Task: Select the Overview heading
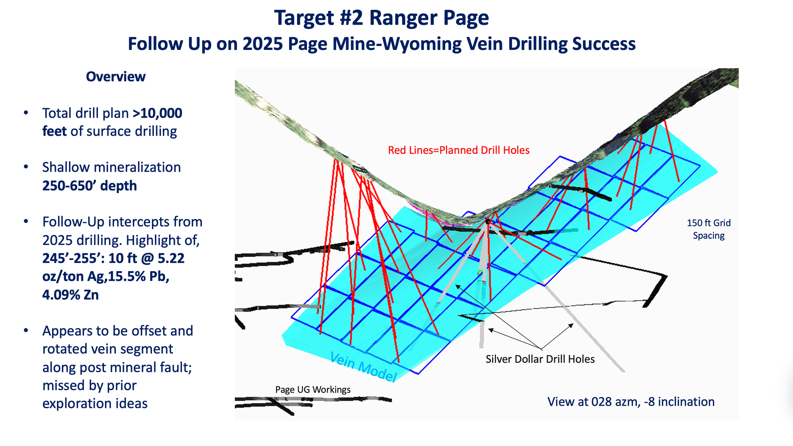115,77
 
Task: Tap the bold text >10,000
157,113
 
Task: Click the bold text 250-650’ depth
90,186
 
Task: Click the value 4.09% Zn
70,295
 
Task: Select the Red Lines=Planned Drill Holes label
458,150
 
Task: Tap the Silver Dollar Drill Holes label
540,359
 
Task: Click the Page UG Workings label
313,390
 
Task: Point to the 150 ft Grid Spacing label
709,229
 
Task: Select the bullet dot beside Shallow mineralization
26,167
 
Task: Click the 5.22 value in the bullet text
171,258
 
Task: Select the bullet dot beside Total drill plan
26,113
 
